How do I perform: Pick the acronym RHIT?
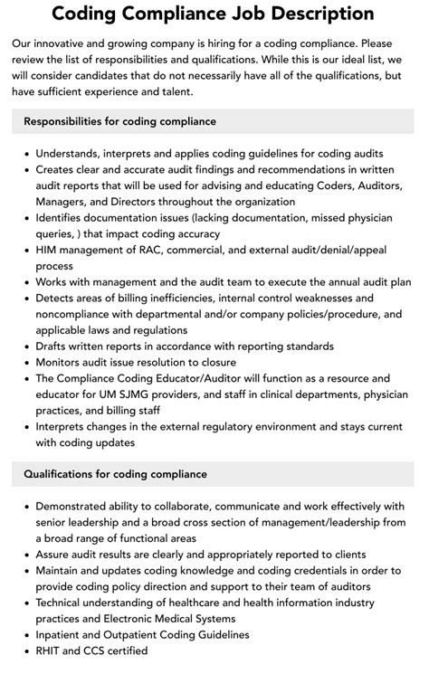pos(52,650)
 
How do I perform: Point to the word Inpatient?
pos(63,634)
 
